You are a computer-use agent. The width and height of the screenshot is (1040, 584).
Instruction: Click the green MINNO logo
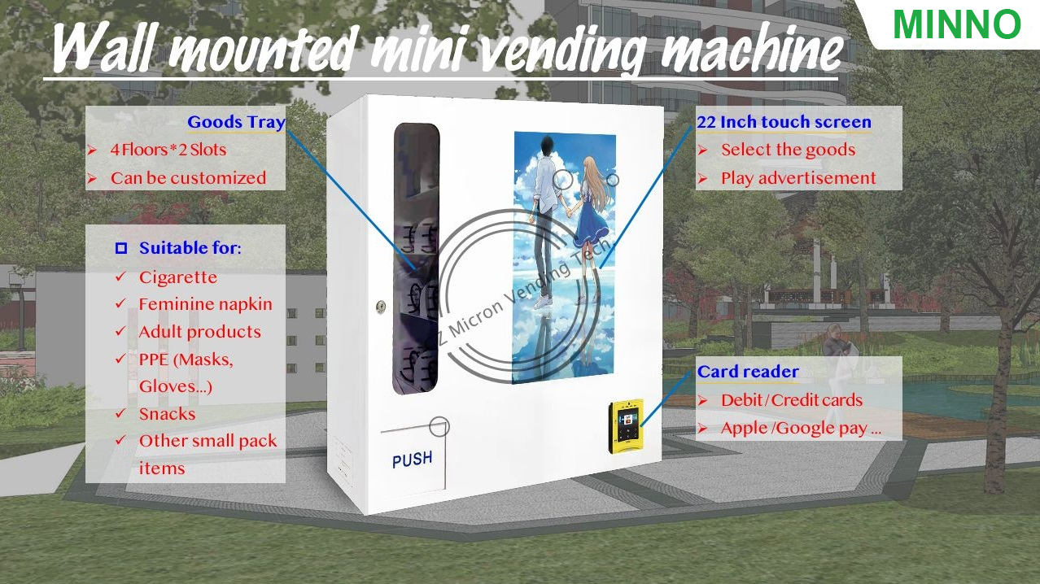[956, 24]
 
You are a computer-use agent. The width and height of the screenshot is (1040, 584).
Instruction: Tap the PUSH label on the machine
[413, 460]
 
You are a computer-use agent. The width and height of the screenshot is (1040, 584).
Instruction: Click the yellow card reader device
[627, 427]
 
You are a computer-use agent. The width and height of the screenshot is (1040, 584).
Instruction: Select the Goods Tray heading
[236, 122]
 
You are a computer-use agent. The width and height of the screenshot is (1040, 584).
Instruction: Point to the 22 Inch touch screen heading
[784, 122]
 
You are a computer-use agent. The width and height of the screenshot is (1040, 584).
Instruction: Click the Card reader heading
[748, 372]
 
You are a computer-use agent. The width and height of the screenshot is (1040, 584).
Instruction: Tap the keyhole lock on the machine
[381, 307]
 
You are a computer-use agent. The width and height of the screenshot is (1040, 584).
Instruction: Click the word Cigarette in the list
[178, 277]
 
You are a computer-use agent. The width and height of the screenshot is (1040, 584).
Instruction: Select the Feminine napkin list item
[205, 304]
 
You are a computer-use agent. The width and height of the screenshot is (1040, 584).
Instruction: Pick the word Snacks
[167, 414]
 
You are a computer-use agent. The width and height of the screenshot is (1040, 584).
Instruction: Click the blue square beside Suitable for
[121, 248]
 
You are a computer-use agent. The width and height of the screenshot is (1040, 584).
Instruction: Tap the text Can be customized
[188, 178]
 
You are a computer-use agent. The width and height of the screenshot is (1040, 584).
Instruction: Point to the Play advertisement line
[798, 178]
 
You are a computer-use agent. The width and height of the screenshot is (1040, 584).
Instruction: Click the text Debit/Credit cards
[792, 400]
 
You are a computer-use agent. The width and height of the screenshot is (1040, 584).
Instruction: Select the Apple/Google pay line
[801, 428]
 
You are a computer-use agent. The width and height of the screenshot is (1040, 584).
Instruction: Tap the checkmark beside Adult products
[120, 331]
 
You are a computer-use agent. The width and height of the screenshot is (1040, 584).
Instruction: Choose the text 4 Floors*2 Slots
[168, 150]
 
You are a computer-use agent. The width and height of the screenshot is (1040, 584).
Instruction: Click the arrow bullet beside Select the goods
[702, 150]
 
